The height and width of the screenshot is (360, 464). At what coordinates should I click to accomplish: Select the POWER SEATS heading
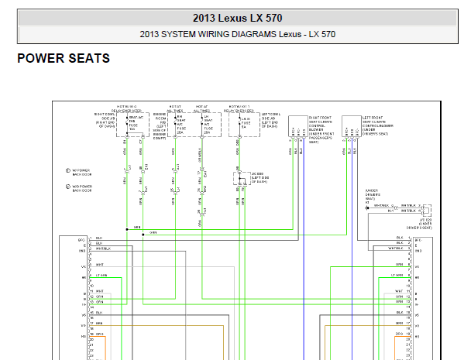click(x=64, y=58)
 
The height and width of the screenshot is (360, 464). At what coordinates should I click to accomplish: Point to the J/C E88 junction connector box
click(x=239, y=179)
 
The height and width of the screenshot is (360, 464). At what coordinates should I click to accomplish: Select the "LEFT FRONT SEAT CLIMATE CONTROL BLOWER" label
click(x=379, y=129)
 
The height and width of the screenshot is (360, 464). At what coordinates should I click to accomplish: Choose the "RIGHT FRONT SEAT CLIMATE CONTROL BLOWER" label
click(x=325, y=129)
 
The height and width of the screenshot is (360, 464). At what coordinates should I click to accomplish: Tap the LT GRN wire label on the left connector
click(x=100, y=276)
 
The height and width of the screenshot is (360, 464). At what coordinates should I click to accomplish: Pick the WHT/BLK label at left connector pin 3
click(x=103, y=249)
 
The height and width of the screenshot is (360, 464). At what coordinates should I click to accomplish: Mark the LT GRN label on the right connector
click(x=397, y=276)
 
